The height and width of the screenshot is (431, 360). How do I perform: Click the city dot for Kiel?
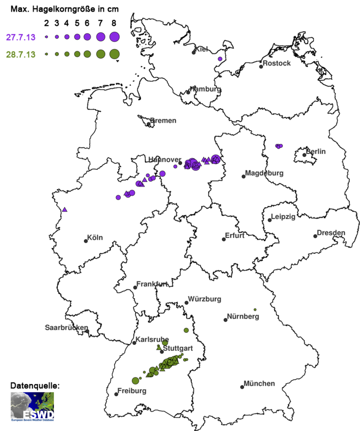(194, 53)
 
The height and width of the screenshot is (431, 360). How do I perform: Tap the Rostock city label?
(276, 63)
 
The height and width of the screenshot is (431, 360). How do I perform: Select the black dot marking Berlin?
(304, 155)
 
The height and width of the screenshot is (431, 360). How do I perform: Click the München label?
(259, 383)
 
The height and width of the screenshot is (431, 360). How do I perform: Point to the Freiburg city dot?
(116, 394)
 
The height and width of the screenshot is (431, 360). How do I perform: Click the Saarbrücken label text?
(66, 327)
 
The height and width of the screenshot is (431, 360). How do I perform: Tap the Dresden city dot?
(315, 236)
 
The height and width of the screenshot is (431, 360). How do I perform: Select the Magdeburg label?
(264, 173)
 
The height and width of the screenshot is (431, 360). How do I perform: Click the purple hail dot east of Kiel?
(220, 59)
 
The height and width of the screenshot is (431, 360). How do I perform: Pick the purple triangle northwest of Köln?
(65, 210)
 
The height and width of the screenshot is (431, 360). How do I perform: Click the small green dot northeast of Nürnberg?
(255, 310)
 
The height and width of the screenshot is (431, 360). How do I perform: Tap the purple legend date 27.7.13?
(21, 37)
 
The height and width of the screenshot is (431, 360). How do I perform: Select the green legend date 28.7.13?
(21, 54)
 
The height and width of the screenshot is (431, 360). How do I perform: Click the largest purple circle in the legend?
(114, 37)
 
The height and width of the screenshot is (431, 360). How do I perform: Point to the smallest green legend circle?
(46, 54)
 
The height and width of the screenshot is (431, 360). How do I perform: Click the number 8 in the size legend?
(114, 23)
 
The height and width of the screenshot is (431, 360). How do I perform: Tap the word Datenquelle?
(35, 386)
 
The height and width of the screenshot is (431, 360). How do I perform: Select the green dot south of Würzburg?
(186, 330)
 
